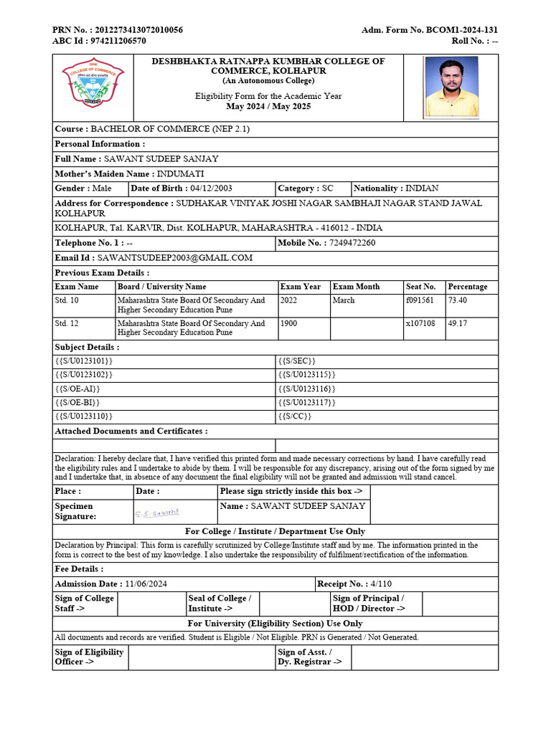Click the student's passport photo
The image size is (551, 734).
tap(451, 87)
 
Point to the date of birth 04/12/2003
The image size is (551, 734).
tap(211, 189)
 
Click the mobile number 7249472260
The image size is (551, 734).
tap(352, 243)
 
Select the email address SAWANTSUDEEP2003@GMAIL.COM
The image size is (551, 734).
tap(175, 258)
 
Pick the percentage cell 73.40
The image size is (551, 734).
tap(458, 300)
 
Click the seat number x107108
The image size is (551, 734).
tap(420, 323)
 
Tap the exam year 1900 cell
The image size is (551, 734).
tap(289, 323)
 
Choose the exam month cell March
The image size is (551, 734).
tap(344, 300)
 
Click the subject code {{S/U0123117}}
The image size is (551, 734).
tap(306, 402)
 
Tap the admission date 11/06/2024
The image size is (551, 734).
tap(146, 584)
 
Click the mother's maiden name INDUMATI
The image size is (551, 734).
tap(180, 173)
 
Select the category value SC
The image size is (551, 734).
tap(327, 189)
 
